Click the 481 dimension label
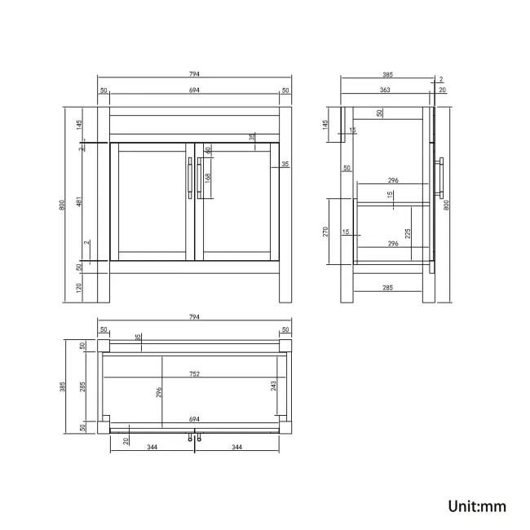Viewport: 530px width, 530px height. click(79, 201)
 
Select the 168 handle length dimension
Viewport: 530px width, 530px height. click(208, 178)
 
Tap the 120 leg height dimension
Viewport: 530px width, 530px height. click(79, 288)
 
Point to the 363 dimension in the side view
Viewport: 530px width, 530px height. click(385, 90)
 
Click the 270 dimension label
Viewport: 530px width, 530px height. click(325, 232)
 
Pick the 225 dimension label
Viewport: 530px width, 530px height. click(408, 233)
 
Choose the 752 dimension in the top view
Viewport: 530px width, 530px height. click(194, 374)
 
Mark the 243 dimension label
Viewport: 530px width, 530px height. click(273, 386)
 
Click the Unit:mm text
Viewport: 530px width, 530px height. click(477, 506)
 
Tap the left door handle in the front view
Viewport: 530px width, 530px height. click(190, 178)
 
